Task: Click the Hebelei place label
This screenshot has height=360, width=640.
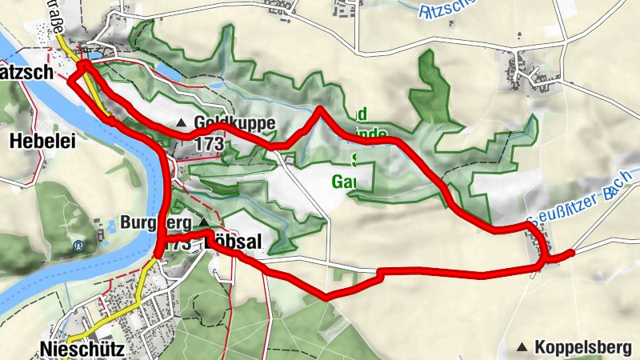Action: coord(42,141)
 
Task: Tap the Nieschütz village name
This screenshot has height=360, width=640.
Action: coord(76,347)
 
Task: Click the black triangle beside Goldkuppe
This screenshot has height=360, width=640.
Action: coord(182,124)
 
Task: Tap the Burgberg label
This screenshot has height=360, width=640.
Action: coord(156,222)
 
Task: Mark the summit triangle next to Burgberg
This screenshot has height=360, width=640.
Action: coord(204,222)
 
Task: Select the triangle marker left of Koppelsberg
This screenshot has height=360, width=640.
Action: coord(522,347)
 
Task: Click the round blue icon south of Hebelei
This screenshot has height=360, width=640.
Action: coord(78,246)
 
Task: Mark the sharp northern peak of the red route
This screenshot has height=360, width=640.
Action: coord(320,109)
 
